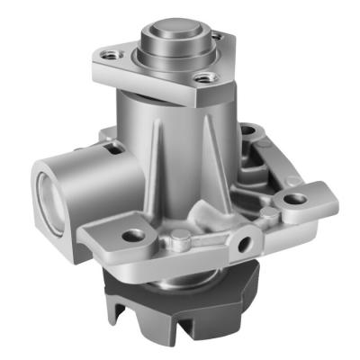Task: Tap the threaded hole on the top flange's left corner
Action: click(x=112, y=56)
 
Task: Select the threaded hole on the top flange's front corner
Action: click(x=205, y=79)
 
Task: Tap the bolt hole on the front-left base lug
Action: click(x=135, y=236)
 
